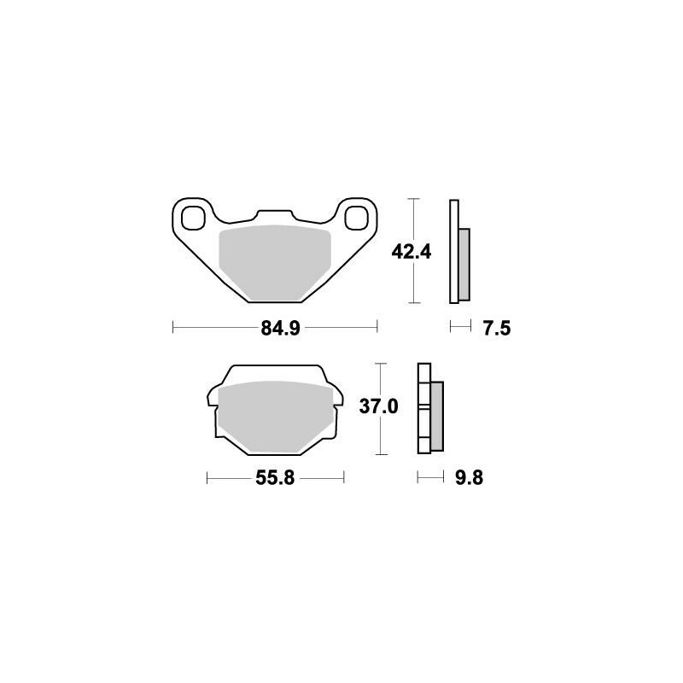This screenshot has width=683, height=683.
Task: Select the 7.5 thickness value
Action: [495, 328]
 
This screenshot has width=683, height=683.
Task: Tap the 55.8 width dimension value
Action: [275, 478]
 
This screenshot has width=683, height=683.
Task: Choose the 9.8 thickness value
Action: [469, 478]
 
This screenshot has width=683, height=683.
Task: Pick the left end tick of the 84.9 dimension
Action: [173, 326]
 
